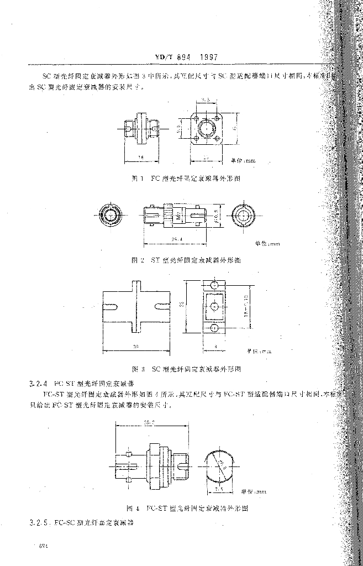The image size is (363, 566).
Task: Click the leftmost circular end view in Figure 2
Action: coord(109,214)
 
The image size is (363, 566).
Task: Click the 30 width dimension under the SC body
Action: coord(136,346)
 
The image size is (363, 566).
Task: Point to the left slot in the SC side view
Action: coord(113,306)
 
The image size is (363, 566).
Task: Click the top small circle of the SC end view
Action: coord(214,285)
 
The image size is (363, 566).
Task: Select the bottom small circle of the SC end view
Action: coord(214,329)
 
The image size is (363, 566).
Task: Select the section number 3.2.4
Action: coord(39,382)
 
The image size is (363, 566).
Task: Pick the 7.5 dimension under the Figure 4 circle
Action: coord(218,488)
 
